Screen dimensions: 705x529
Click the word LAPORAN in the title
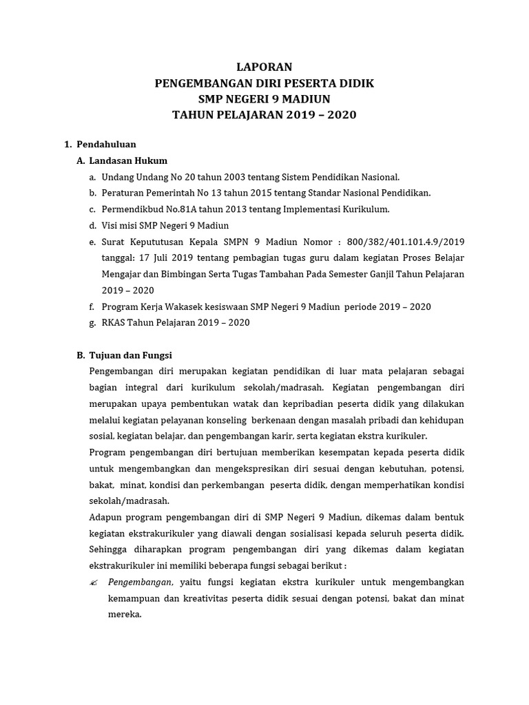(264, 67)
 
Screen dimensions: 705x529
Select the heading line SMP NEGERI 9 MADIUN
(264, 98)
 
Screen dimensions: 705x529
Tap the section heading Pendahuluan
(106, 144)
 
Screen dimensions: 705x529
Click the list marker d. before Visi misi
(92, 225)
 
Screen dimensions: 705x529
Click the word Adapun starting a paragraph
(107, 516)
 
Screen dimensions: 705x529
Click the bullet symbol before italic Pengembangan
(94, 582)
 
